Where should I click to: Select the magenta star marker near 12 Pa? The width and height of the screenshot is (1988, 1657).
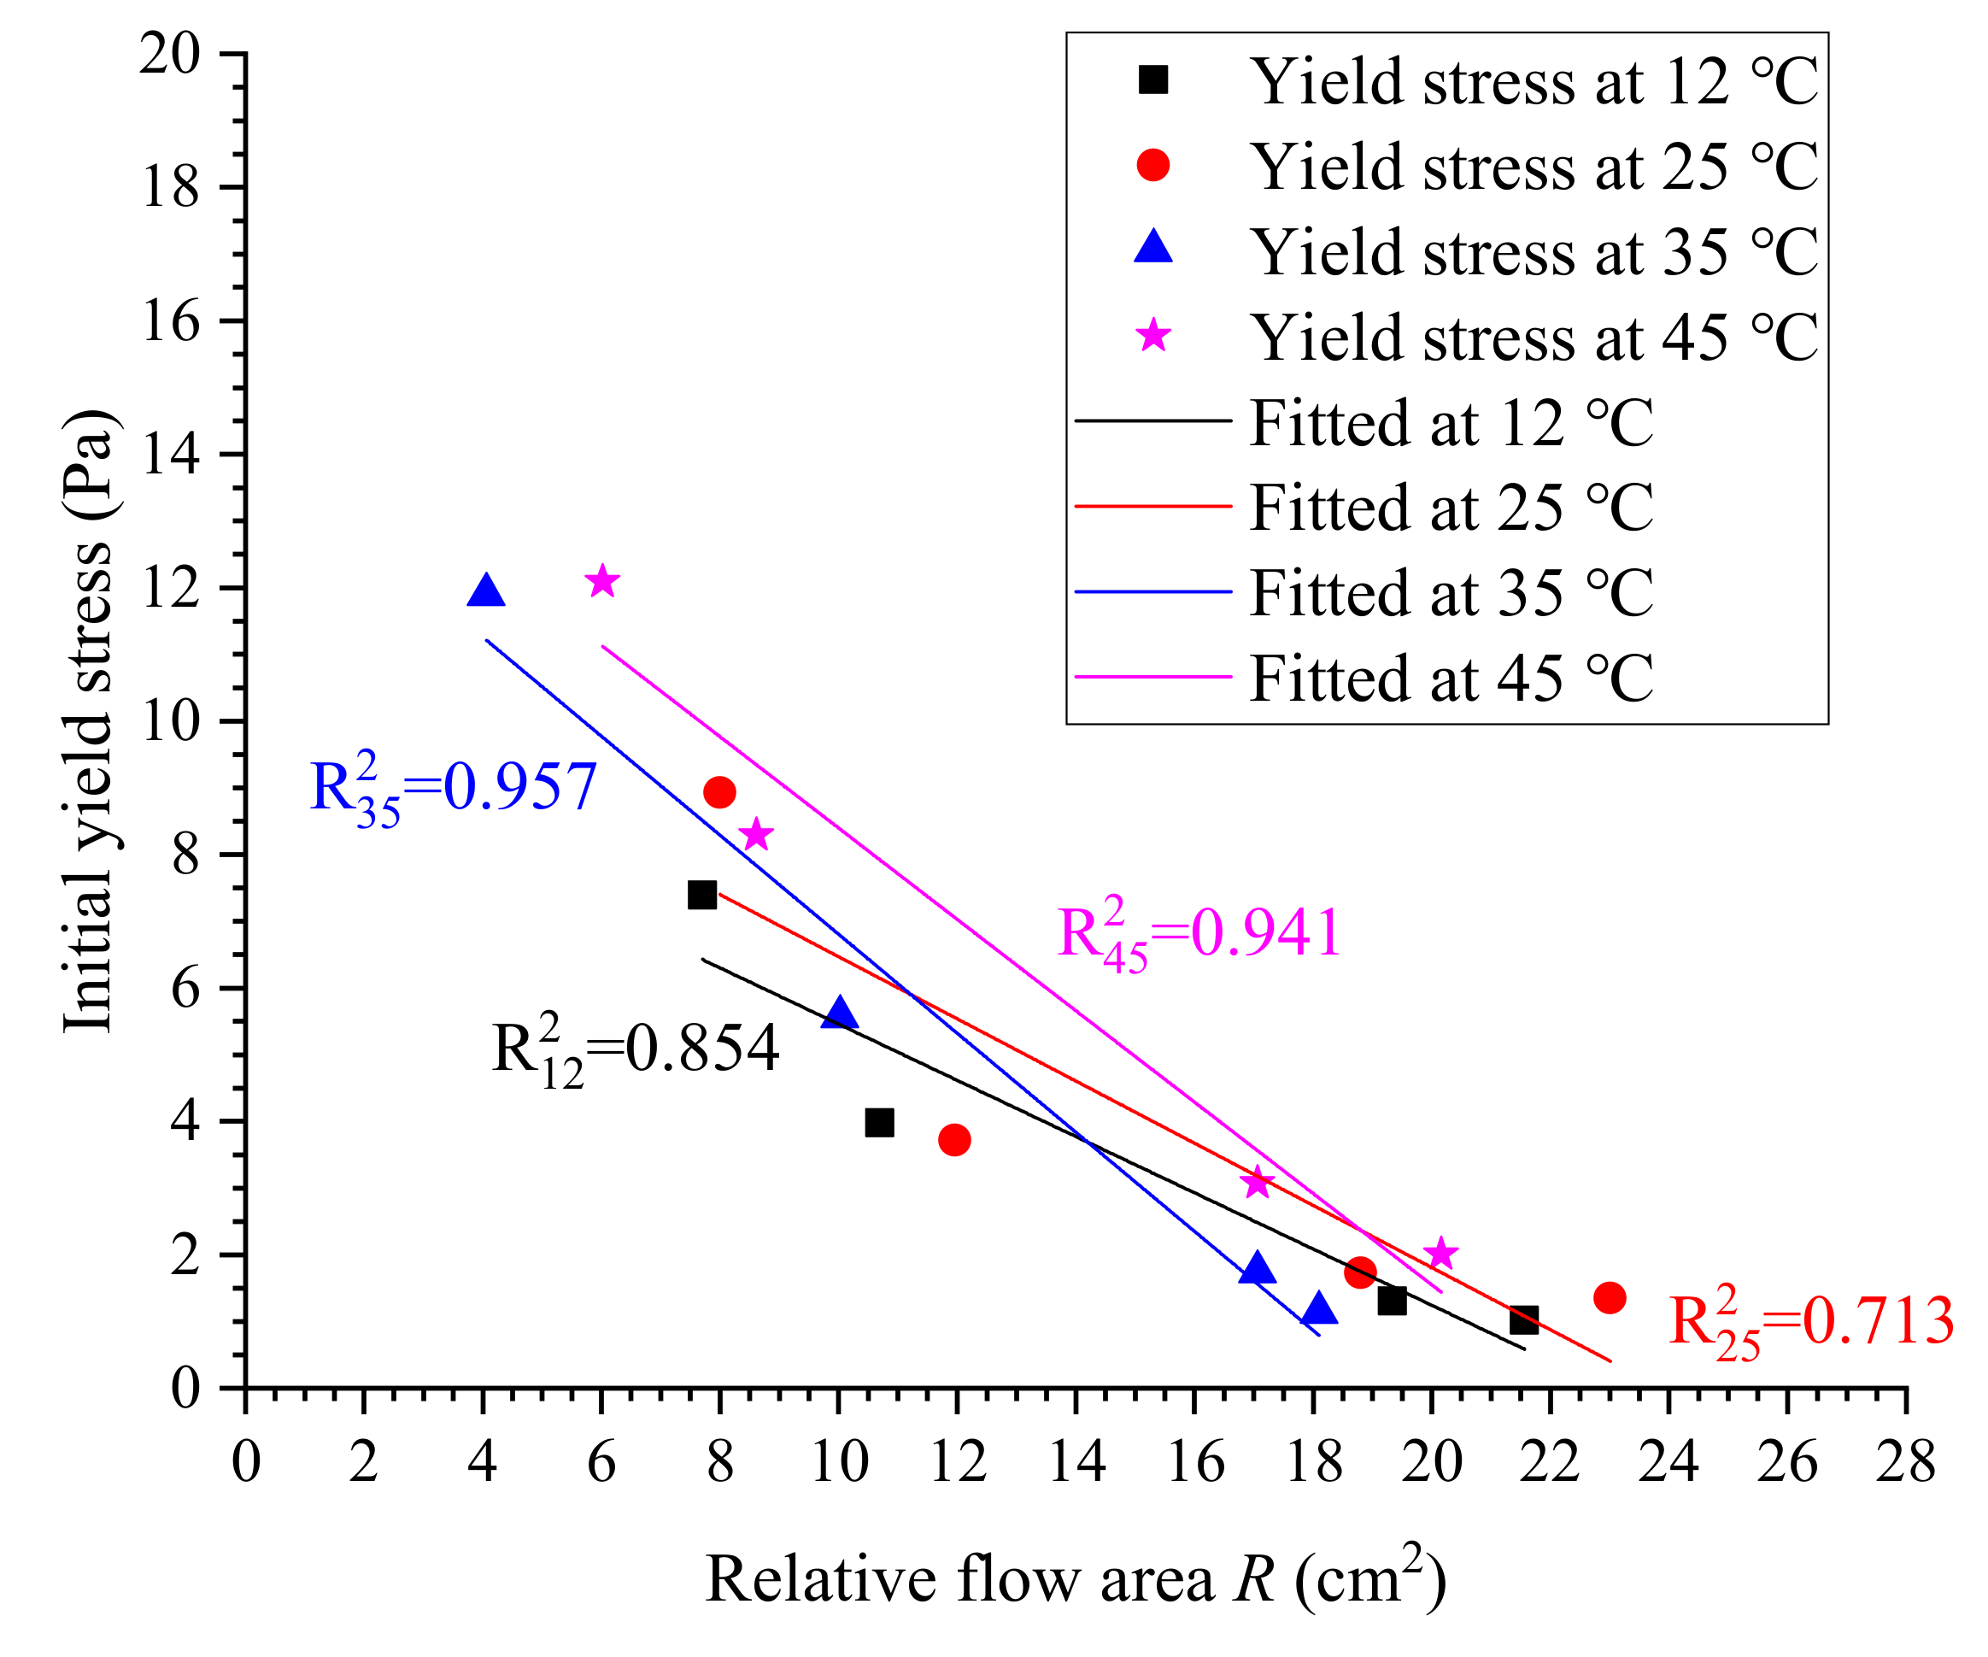point(602,580)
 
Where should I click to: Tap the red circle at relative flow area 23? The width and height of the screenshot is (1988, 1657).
point(1610,1297)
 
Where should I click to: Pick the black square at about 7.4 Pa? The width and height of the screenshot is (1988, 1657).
point(701,894)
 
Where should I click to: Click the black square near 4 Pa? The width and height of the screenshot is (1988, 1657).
point(879,1123)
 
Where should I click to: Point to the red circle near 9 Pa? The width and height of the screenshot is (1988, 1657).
point(719,791)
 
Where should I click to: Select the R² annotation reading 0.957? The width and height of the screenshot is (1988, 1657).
point(453,788)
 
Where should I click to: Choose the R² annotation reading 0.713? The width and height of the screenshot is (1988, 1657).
point(1810,1322)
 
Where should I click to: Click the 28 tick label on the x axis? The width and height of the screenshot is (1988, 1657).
point(1906,1462)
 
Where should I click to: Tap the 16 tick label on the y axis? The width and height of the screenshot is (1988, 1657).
point(172,321)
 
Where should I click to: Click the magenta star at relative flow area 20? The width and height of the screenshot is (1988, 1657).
point(1440,1253)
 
